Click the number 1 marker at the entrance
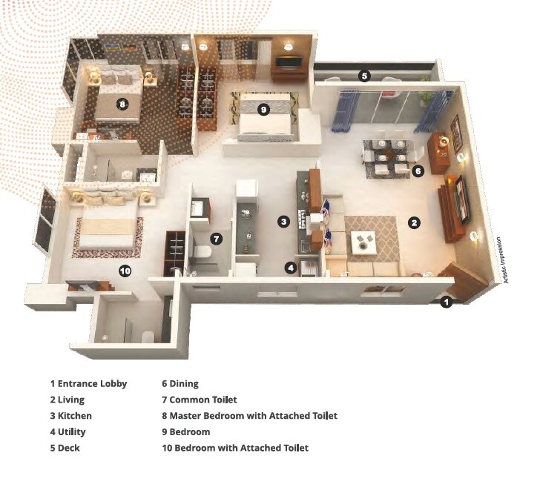pyautogui.click(x=446, y=302)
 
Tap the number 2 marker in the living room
pyautogui.click(x=415, y=222)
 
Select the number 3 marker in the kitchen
pyautogui.click(x=283, y=221)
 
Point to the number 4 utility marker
pyautogui.click(x=292, y=267)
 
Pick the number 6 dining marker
pyautogui.click(x=418, y=171)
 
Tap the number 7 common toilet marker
pyautogui.click(x=216, y=239)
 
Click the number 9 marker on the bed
pyautogui.click(x=263, y=110)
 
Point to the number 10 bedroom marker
pyautogui.click(x=125, y=271)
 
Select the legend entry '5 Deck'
pyautogui.click(x=65, y=448)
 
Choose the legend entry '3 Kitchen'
pyautogui.click(x=71, y=416)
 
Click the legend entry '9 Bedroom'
pyautogui.click(x=186, y=431)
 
